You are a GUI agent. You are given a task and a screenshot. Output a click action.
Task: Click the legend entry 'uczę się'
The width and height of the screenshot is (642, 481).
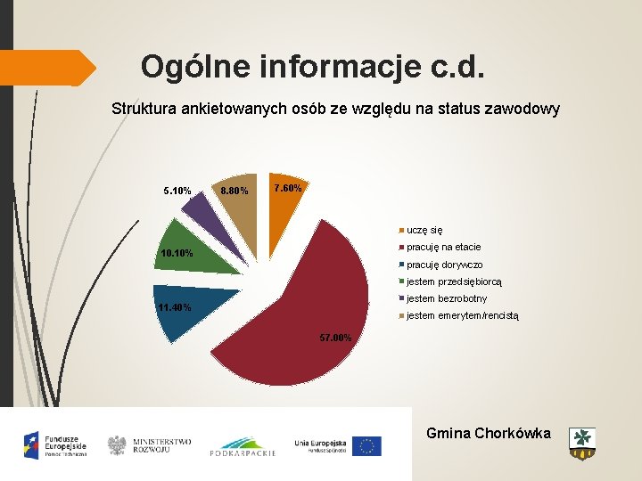[x=424, y=229]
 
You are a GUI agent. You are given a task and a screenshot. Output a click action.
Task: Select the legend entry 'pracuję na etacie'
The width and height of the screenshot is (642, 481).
[x=443, y=247]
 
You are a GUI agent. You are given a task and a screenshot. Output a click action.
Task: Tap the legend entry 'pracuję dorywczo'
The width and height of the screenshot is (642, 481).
[x=444, y=265]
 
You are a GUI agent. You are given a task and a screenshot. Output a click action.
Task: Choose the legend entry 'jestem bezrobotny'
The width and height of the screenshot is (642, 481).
[x=446, y=298]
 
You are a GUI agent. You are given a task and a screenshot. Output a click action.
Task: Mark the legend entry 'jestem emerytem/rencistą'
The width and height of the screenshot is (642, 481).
[x=462, y=315]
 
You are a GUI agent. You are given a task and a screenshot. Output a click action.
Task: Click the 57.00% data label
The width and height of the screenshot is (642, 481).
[x=337, y=338]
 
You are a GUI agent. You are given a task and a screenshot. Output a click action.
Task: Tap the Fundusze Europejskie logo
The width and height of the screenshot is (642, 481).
[x=55, y=443]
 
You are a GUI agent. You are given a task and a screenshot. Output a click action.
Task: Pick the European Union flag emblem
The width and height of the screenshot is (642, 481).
[x=366, y=445]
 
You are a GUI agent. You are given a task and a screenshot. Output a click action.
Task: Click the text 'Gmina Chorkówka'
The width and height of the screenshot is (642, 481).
[x=488, y=434]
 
